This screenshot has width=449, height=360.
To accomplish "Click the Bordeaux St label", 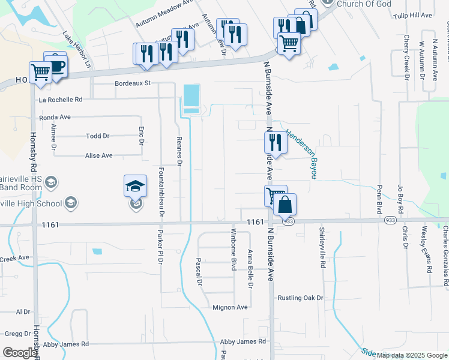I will tap(132, 83).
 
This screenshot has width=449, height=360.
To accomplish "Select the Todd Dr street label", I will tap(98, 136).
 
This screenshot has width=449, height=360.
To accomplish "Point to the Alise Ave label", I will tap(98, 155).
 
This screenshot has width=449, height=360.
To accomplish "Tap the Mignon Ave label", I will tap(230, 307).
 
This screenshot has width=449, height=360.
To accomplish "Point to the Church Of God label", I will tap(364, 4).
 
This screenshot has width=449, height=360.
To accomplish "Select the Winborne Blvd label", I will tap(234, 250).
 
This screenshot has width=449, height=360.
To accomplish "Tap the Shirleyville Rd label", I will tap(322, 247).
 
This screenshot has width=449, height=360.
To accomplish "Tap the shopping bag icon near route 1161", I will tap(285, 205).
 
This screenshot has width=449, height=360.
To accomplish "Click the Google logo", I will tap(19, 353).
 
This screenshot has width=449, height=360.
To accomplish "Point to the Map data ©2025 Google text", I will tap(412, 355).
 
